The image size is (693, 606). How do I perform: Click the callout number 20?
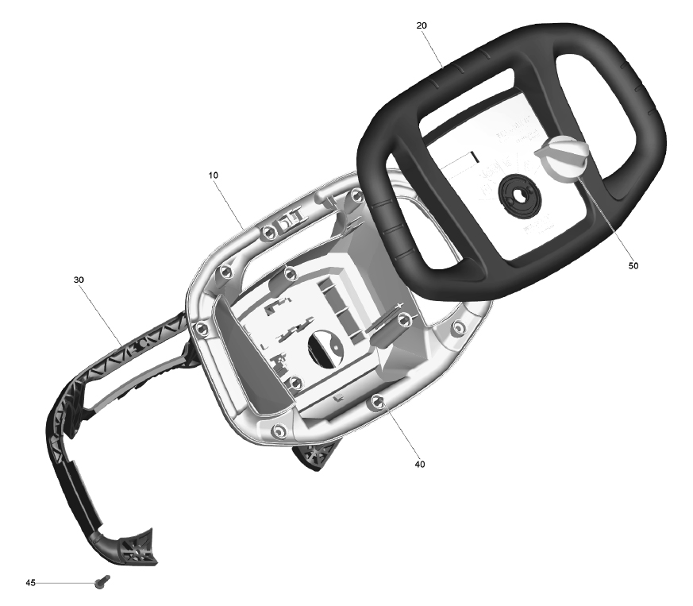422,25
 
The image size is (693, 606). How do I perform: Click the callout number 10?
213,176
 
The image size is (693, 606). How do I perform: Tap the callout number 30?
79,280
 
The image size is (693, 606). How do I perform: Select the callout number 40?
420,464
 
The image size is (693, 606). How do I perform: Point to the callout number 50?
633,265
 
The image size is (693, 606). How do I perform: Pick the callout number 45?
30,583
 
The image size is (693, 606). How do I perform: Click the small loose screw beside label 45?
102,581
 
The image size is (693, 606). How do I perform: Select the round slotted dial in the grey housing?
326,349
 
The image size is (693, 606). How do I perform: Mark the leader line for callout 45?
65,584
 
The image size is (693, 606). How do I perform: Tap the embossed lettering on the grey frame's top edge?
291,220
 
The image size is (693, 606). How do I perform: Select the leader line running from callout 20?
434,48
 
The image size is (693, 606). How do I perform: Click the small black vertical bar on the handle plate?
474,156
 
